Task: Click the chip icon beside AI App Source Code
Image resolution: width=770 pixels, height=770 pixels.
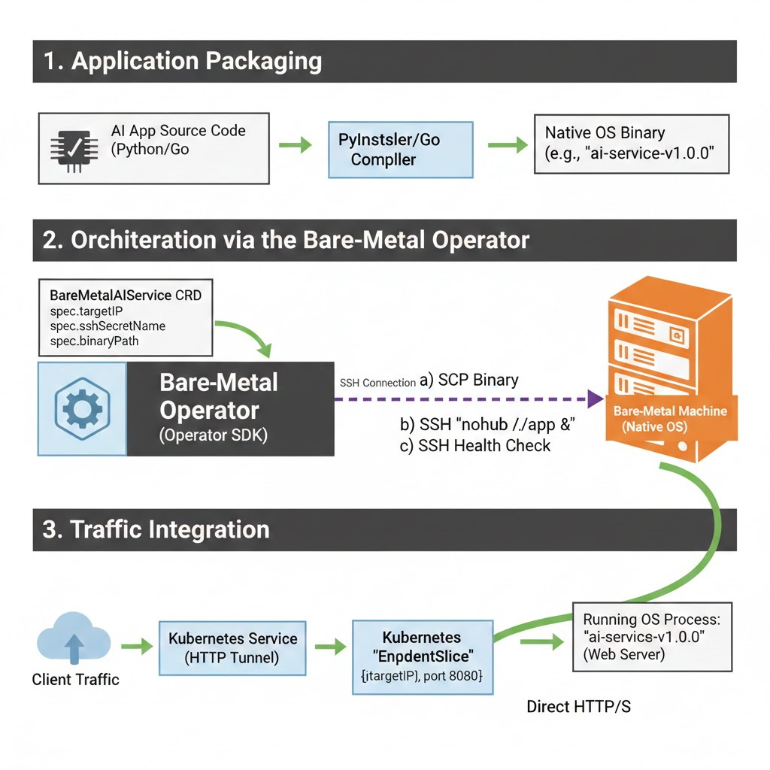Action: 70,149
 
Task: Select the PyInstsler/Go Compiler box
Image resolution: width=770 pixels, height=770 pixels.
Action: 400,149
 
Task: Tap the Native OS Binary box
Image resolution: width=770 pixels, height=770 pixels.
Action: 631,144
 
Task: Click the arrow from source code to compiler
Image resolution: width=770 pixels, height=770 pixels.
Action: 295,145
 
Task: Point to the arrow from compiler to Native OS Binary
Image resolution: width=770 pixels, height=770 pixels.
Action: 508,145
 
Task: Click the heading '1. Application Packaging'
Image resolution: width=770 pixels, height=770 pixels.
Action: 183,61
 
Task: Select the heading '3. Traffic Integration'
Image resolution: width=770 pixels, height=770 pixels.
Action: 156,529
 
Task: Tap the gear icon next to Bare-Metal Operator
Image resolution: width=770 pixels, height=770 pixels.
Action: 83,408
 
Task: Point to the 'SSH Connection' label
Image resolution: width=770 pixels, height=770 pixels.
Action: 377,383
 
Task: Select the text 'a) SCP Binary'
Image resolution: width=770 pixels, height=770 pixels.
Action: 468,380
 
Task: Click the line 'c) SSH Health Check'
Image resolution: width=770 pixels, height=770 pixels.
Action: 474,445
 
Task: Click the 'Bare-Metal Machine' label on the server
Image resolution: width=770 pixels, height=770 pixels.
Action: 670,411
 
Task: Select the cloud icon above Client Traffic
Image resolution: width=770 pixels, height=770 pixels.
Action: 73,643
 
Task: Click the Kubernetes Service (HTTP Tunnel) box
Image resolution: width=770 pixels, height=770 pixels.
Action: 232,647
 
